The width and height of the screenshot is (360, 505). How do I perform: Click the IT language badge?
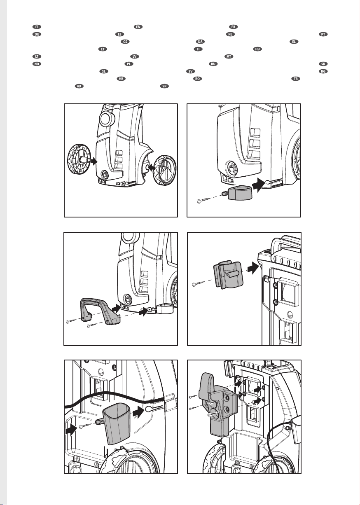click(37, 27)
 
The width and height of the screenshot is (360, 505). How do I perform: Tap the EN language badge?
click(138, 27)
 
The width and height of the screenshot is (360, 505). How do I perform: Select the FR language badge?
click(233, 27)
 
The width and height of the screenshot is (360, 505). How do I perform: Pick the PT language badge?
click(323, 34)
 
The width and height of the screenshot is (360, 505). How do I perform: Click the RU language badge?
click(213, 64)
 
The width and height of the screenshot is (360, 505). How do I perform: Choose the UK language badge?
click(79, 86)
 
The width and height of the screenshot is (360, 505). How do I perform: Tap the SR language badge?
click(164, 86)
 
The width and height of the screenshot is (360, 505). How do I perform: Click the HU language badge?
click(258, 49)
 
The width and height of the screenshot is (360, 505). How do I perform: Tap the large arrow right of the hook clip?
click(253, 268)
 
